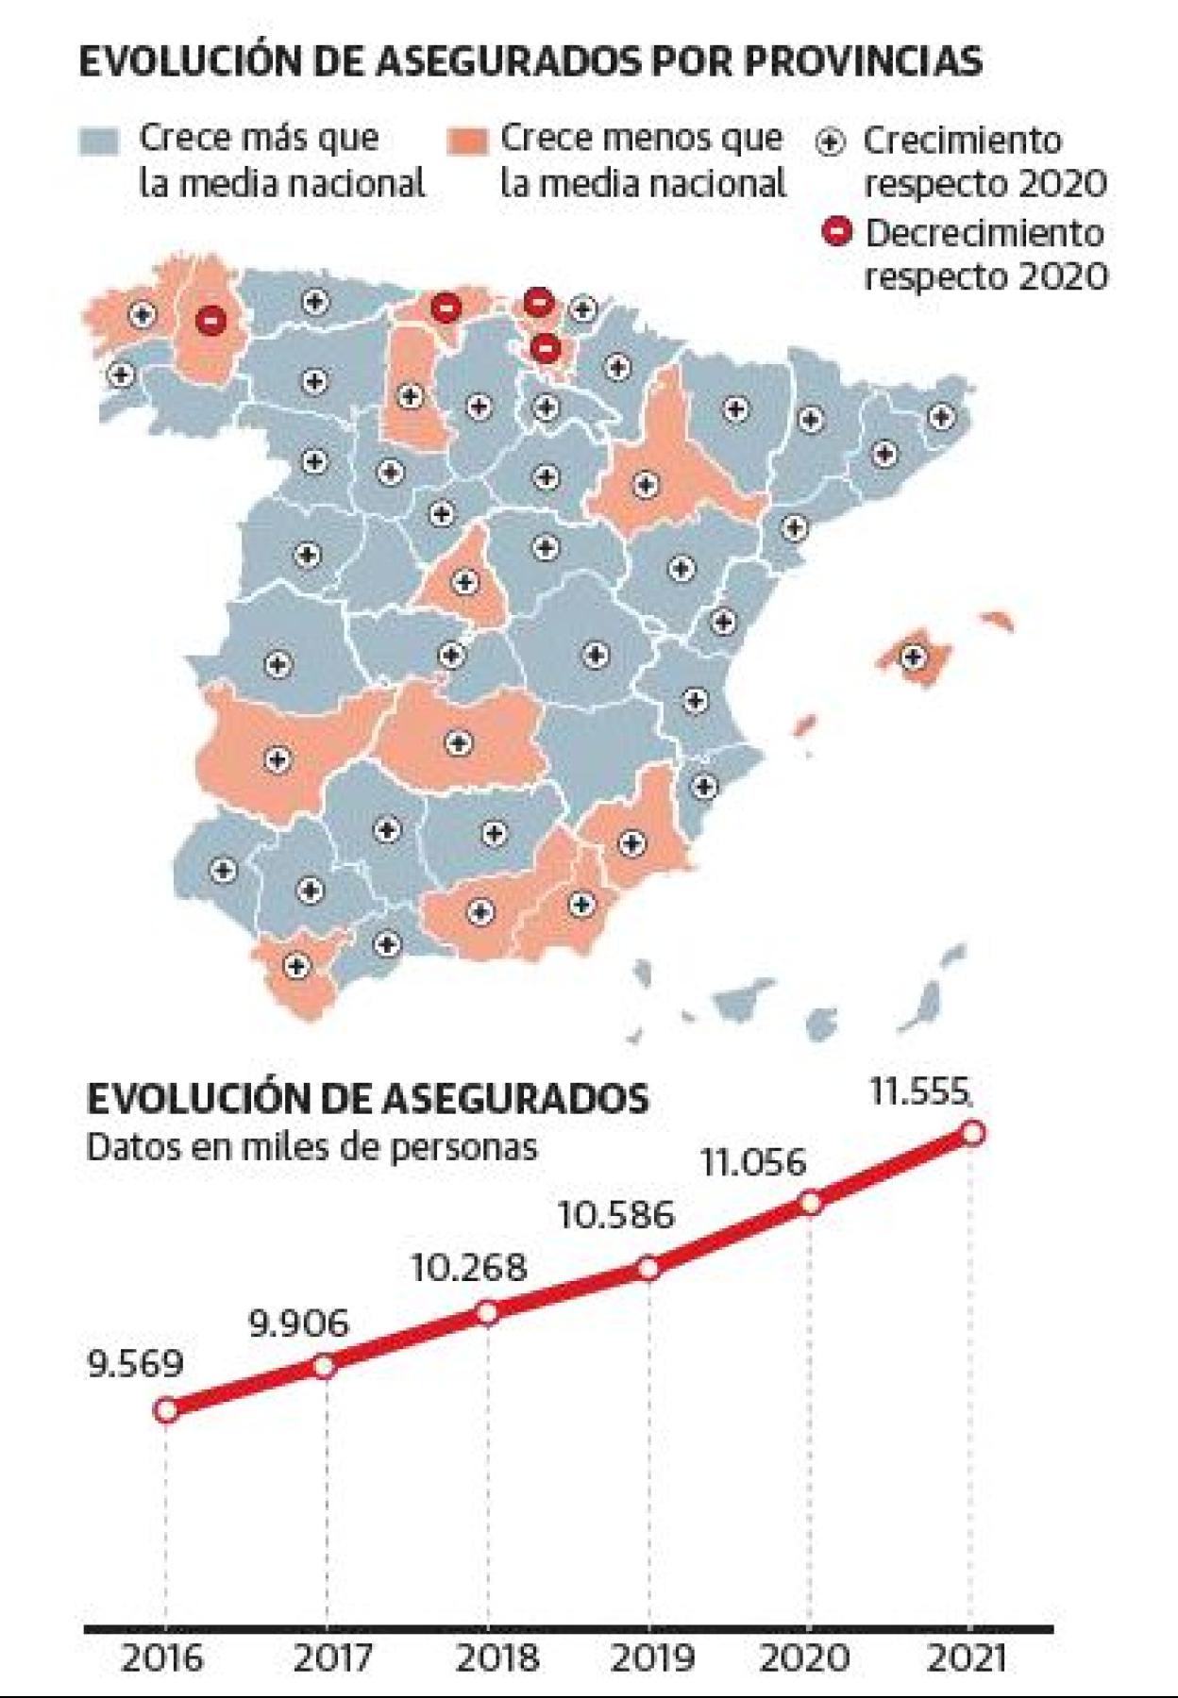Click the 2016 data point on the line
click(166, 1411)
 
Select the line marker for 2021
click(973, 1132)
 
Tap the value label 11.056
click(753, 1163)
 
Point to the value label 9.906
click(298, 1323)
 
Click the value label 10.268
click(468, 1268)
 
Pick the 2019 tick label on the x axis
click(650, 1656)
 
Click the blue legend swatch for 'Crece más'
click(98, 141)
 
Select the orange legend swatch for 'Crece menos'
click(465, 141)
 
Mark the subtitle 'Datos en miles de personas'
click(311, 1147)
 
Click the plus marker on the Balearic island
click(913, 656)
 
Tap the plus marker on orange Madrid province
click(463, 582)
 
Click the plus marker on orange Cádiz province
click(297, 966)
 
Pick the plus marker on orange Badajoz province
click(277, 758)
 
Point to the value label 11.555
click(918, 1092)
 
